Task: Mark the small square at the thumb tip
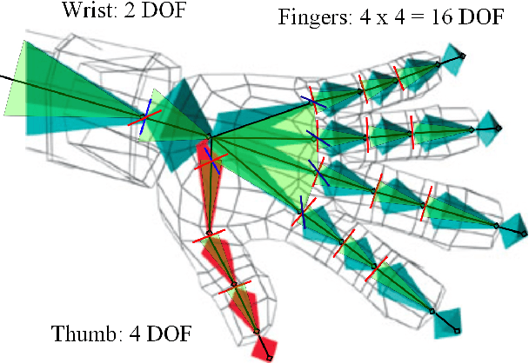click(x=270, y=358)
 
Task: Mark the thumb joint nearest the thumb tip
click(x=257, y=330)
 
